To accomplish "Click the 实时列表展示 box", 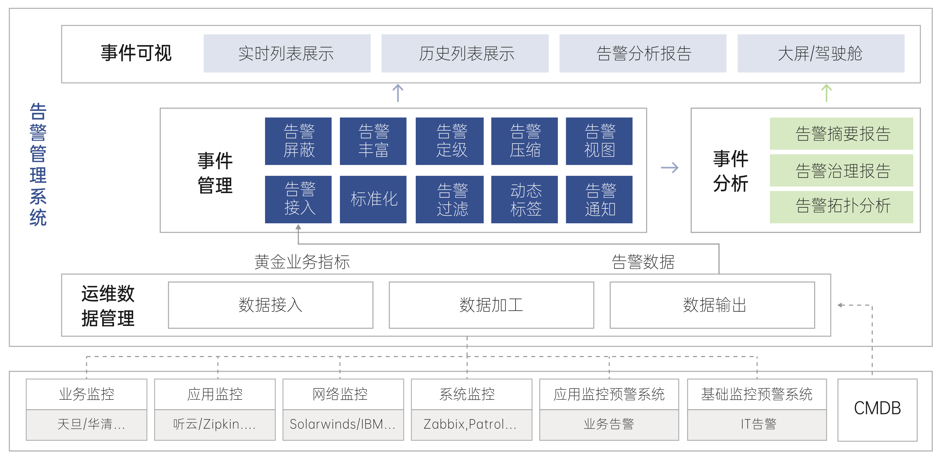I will pos(287,53).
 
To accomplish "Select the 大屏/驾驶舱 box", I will pos(820,53).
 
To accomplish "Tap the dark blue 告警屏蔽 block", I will pos(298,141).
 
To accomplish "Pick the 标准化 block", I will pos(373,199).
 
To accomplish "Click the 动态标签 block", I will pos(524,199).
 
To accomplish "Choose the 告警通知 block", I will pos(599,199).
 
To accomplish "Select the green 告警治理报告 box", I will pos(841,170).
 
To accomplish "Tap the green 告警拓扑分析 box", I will pos(841,206).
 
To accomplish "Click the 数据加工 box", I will pos(491,305).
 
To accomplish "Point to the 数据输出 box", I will pos(712,305).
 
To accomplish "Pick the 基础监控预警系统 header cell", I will pos(757,394).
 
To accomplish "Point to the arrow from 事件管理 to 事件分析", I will pos(670,168).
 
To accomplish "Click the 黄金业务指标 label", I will pos(302,262).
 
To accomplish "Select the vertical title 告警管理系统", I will pos(38,164).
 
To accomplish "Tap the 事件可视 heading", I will pos(136,53).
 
